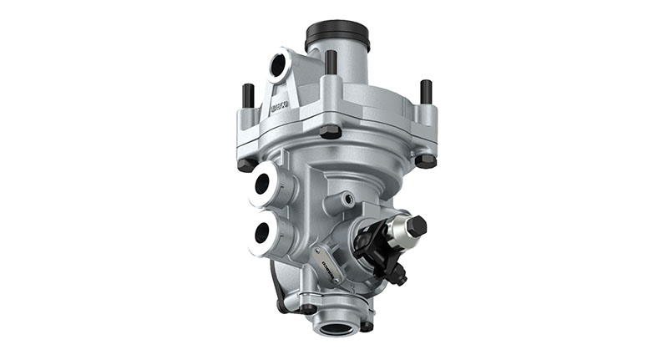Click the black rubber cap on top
[x=337, y=35]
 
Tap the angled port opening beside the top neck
[x=279, y=66]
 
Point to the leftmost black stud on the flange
[x=248, y=95]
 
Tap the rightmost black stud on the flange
[x=426, y=91]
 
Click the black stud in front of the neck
[x=331, y=63]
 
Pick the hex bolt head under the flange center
[x=331, y=132]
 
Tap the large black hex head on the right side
[x=415, y=226]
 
